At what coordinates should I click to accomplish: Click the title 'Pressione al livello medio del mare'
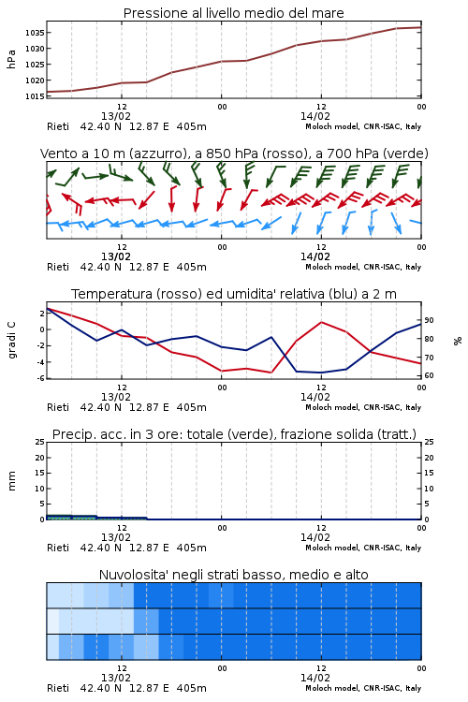pyautogui.click(x=233, y=13)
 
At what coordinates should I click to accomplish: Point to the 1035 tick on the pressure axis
pyautogui.click(x=35, y=33)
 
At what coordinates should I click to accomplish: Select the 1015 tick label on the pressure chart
pyautogui.click(x=35, y=96)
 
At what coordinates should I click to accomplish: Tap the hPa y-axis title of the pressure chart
pyautogui.click(x=11, y=59)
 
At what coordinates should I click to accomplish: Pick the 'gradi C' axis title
pyautogui.click(x=11, y=341)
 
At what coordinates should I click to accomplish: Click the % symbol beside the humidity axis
pyautogui.click(x=458, y=341)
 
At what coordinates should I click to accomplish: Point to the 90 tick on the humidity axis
pyautogui.click(x=429, y=320)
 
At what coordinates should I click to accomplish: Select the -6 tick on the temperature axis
pyautogui.click(x=41, y=378)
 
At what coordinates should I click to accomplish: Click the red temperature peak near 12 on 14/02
pyautogui.click(x=322, y=322)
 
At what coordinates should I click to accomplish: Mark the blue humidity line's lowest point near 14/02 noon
pyautogui.click(x=321, y=373)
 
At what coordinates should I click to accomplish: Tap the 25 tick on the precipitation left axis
pyautogui.click(x=40, y=443)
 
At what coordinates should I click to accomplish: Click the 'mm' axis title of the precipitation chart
pyautogui.click(x=11, y=481)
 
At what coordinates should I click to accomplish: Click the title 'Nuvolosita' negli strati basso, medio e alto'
pyautogui.click(x=233, y=575)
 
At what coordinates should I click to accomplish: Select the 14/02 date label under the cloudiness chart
pyautogui.click(x=314, y=678)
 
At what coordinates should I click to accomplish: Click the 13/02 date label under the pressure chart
pyautogui.click(x=116, y=116)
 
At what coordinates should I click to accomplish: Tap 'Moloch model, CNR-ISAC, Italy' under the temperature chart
pyautogui.click(x=363, y=407)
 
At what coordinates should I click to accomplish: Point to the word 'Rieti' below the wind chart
pyautogui.click(x=58, y=268)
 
